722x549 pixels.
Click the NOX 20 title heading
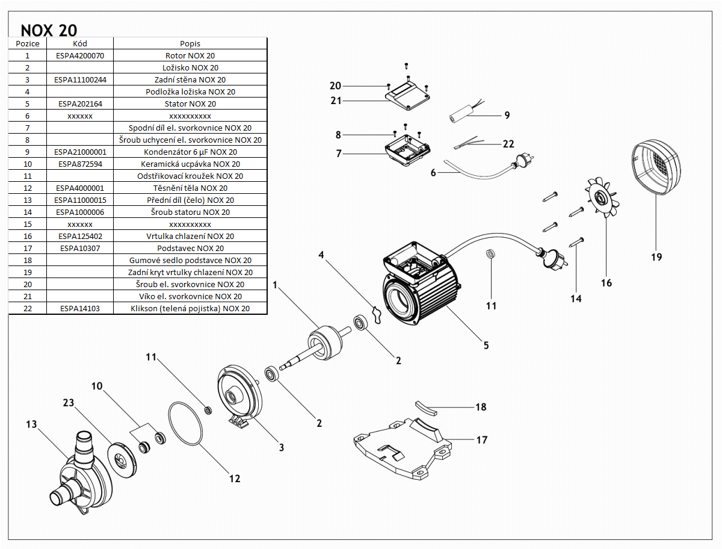pos(49,30)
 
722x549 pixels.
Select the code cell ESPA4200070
pos(79,55)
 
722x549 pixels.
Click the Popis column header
pos(190,43)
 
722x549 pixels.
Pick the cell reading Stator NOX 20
pos(190,104)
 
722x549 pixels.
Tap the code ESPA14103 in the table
pos(79,308)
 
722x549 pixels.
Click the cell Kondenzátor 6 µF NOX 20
pos(190,152)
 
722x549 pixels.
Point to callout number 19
pos(656,257)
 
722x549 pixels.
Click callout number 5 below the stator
pos(486,346)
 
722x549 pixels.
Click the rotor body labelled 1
pos(326,344)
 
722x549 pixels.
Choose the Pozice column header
pos(28,43)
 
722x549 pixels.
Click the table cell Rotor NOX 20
pos(190,55)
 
